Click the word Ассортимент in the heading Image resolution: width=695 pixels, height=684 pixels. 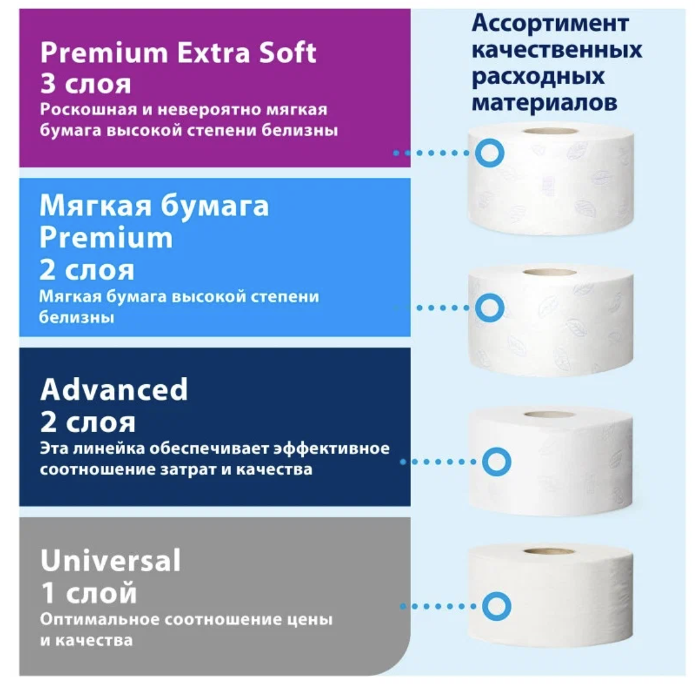549,23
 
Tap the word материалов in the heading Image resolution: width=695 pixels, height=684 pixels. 544,102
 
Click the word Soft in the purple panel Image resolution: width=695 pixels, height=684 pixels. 287,53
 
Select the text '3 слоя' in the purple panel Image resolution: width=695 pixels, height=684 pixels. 85,84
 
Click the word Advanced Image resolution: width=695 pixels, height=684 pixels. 114,390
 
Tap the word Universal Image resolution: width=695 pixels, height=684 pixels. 111,560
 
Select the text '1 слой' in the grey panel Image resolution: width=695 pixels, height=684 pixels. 89,593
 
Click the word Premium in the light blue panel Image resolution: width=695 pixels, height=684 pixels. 106,238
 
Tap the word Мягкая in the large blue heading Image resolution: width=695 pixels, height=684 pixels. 91,206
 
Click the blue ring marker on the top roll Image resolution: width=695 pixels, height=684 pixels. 489,153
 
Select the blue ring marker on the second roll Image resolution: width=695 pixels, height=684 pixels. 489,308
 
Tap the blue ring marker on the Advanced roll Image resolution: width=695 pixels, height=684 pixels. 496,462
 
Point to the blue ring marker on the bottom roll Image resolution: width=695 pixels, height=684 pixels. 496,606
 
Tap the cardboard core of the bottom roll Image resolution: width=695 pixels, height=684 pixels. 549,552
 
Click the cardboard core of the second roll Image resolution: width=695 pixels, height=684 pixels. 549,273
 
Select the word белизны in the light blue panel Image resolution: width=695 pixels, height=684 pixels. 77,317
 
